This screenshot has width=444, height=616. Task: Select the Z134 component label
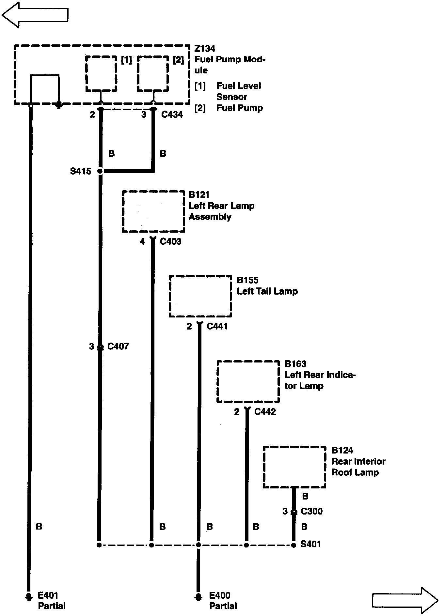click(205, 49)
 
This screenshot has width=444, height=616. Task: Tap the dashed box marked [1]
click(101, 74)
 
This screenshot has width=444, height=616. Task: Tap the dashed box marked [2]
click(153, 74)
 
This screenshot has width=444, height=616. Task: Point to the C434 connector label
click(172, 115)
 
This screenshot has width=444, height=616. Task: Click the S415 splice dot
click(100, 171)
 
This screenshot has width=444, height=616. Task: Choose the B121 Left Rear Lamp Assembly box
click(153, 211)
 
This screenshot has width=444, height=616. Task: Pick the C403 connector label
click(170, 241)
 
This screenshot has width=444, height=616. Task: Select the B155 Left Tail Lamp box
click(200, 296)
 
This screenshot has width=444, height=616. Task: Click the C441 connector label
click(217, 326)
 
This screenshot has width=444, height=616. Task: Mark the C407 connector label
click(118, 346)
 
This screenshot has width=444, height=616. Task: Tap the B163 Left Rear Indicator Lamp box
click(248, 381)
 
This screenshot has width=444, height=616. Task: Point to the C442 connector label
click(265, 412)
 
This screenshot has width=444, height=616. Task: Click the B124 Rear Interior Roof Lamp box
click(294, 467)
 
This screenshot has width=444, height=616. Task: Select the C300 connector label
click(312, 511)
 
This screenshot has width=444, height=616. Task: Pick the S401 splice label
click(310, 544)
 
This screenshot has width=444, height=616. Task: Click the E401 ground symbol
click(29, 597)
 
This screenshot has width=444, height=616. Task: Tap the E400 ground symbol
click(198, 597)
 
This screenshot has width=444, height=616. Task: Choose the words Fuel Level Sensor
click(238, 91)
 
